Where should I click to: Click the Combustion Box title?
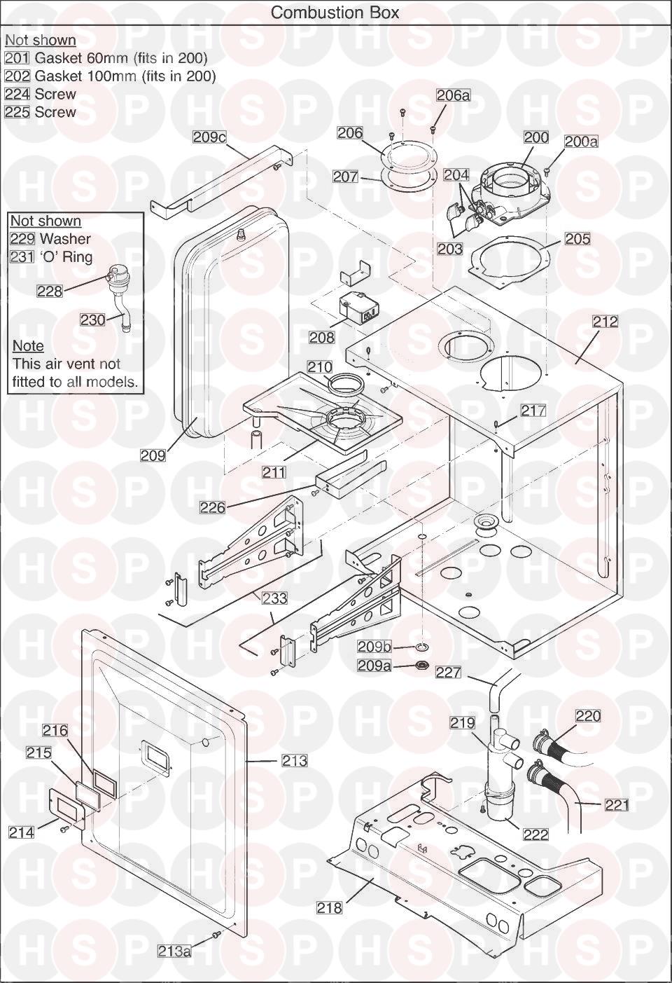(335, 13)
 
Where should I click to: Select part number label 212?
(605, 322)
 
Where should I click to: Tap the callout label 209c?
(210, 137)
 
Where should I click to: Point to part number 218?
(329, 908)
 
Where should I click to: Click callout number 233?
(275, 598)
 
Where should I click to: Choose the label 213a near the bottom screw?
(174, 951)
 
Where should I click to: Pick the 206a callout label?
(453, 95)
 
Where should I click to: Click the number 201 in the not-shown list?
(17, 58)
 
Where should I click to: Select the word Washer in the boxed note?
(65, 239)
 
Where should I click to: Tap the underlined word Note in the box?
(28, 346)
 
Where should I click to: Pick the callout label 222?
(535, 834)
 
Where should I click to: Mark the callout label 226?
(213, 507)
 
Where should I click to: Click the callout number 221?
(617, 805)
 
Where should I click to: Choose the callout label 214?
(21, 832)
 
